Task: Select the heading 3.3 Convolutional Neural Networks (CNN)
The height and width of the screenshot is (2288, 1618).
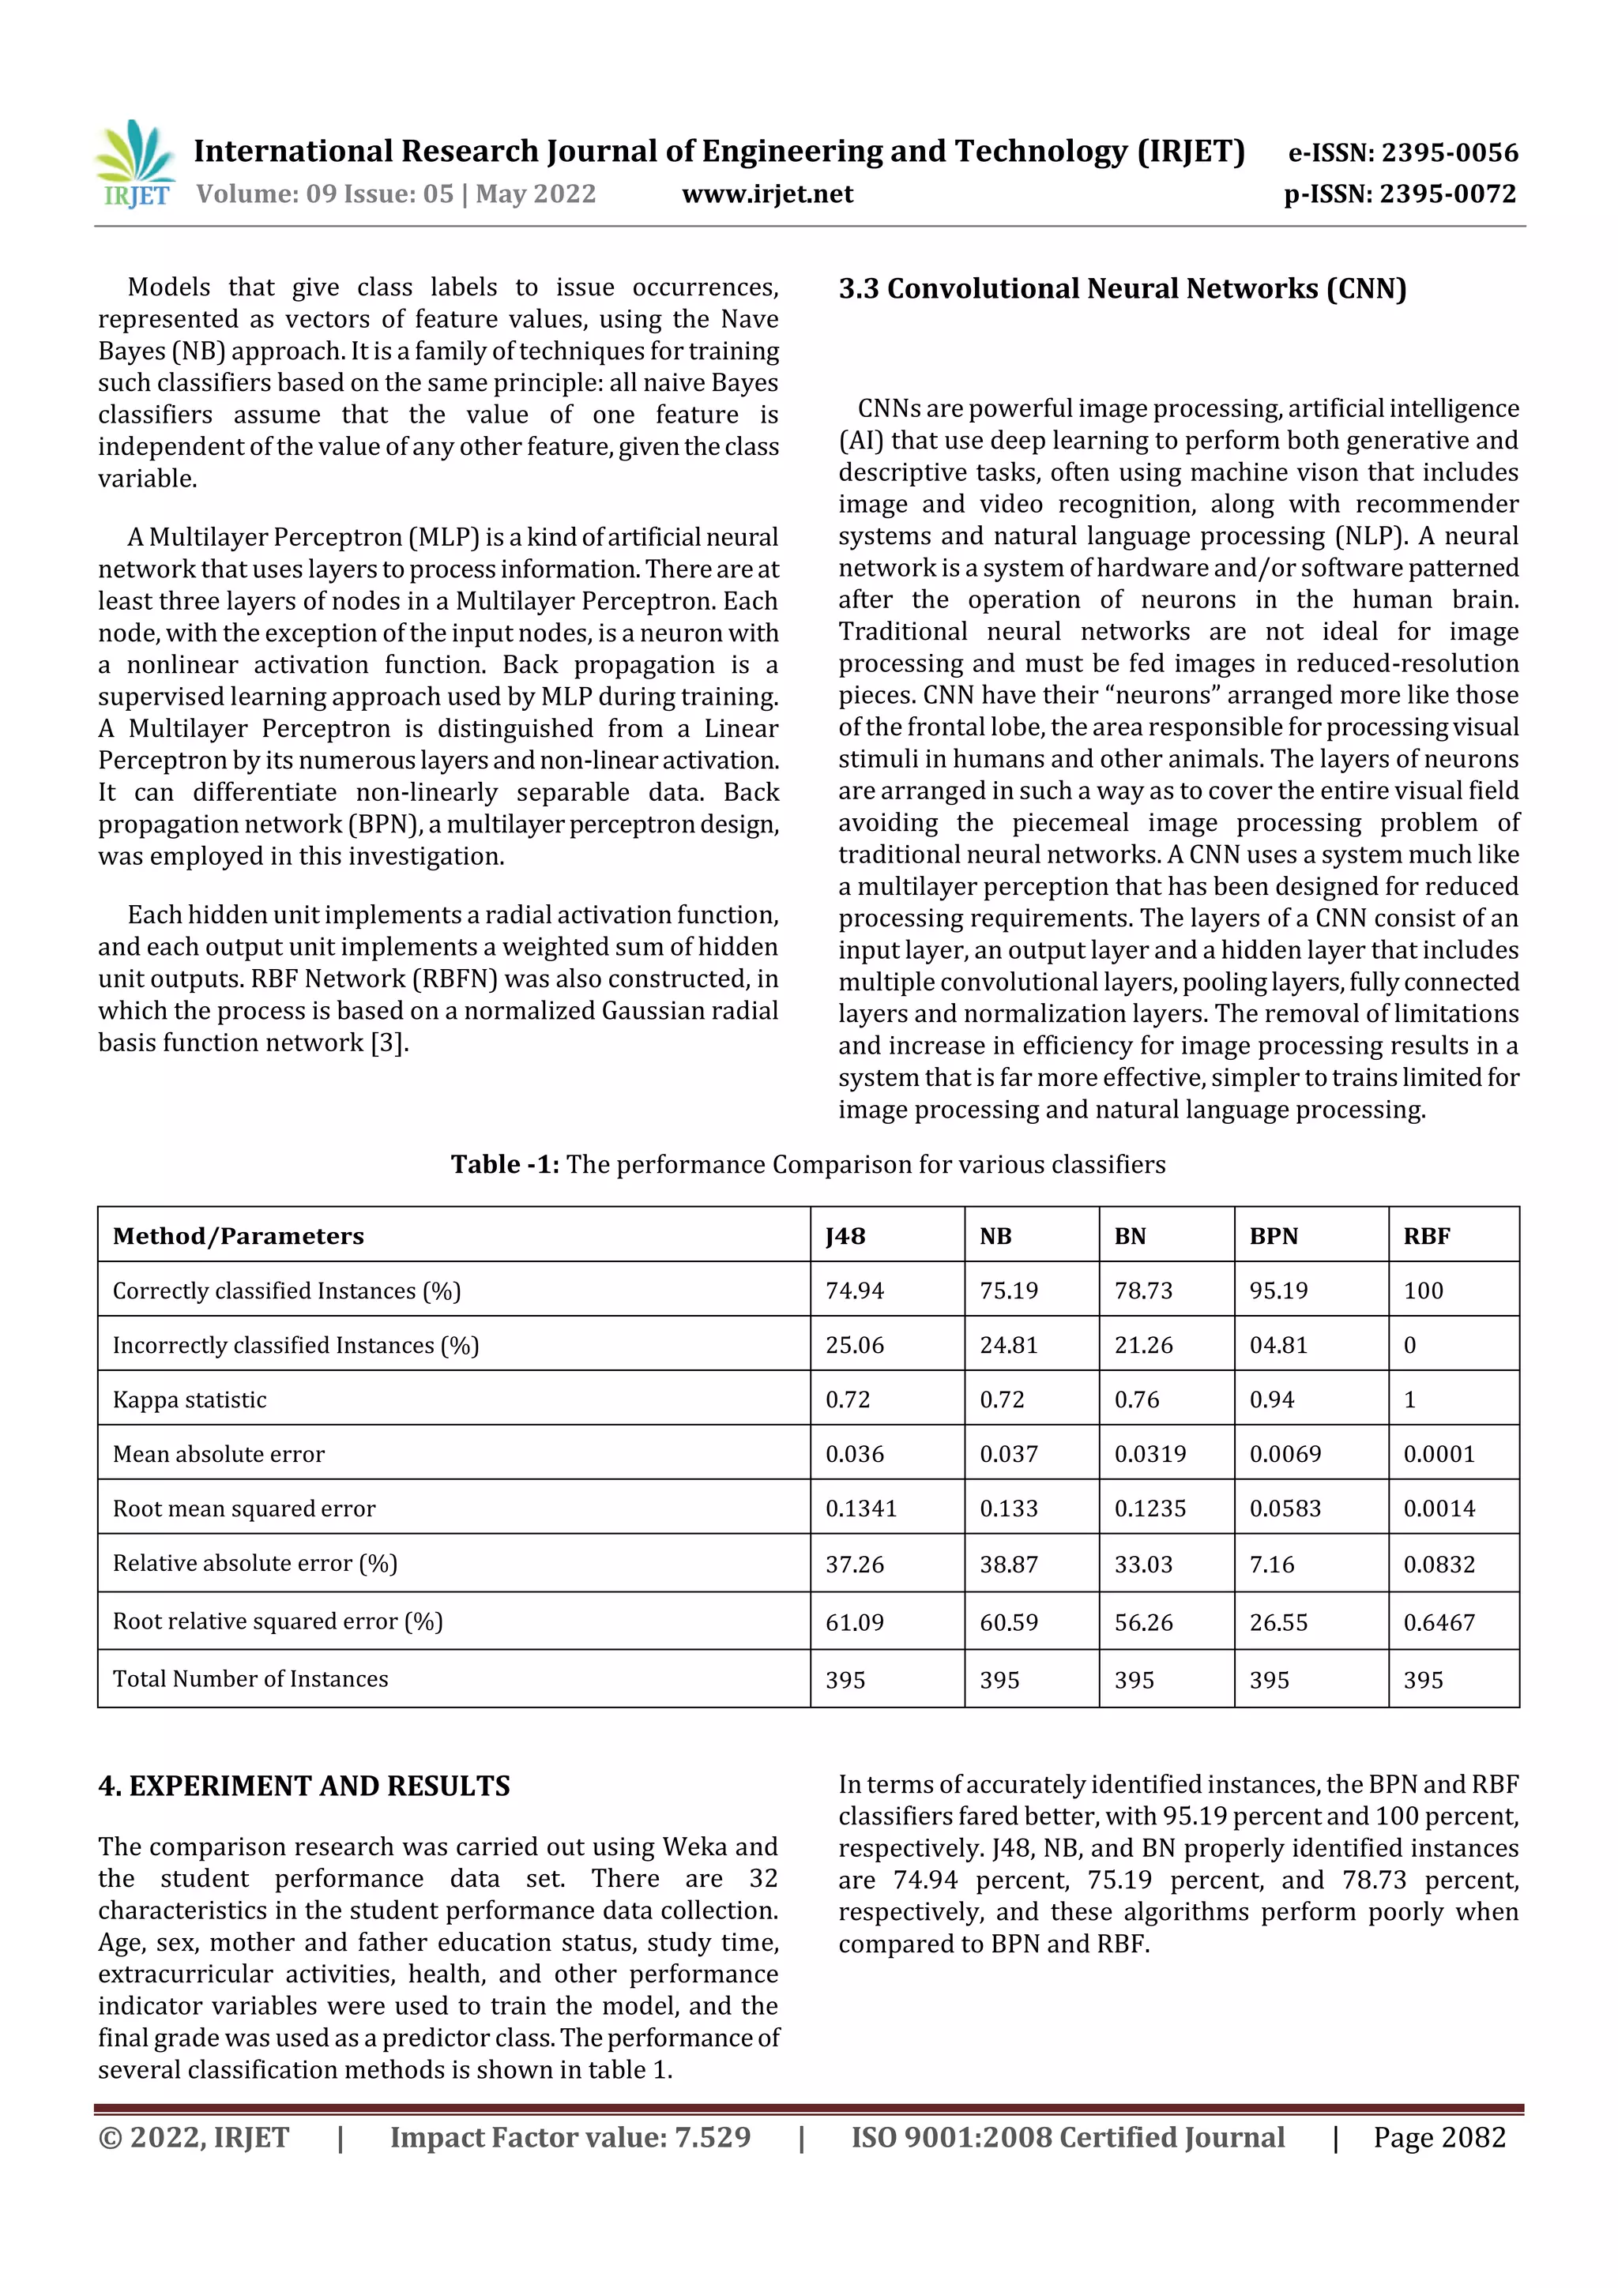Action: point(1122,289)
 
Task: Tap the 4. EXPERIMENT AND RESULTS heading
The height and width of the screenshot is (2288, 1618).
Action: point(304,1786)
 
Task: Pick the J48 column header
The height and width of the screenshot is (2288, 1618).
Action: point(845,1236)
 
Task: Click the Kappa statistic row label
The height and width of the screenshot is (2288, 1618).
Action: point(190,1399)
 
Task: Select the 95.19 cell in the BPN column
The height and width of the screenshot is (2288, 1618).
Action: point(1278,1291)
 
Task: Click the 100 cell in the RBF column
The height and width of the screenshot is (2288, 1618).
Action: point(1423,1291)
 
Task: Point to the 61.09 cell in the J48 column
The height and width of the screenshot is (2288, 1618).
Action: point(854,1622)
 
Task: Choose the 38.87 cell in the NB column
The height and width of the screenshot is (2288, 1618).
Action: point(1008,1565)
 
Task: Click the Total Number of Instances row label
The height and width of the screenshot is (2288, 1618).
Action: point(250,1679)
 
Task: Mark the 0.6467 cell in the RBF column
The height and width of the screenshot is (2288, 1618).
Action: point(1439,1622)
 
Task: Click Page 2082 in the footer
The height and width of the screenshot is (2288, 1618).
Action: point(1439,2136)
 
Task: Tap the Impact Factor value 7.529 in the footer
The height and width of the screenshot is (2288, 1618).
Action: point(570,2136)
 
